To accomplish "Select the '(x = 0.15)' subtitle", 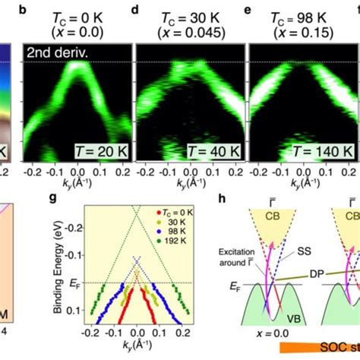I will click(x=298, y=33).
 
